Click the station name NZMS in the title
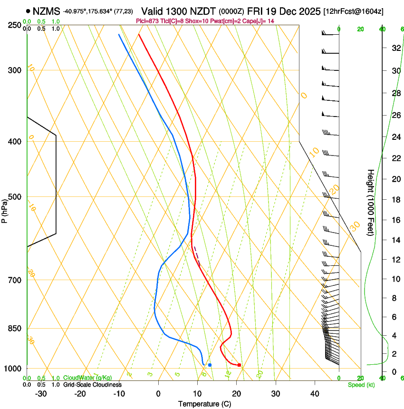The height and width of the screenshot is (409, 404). tap(46, 10)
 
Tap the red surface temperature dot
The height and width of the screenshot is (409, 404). tap(239, 365)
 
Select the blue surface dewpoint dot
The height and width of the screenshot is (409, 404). tap(210, 365)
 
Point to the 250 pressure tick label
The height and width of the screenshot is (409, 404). tap(14, 25)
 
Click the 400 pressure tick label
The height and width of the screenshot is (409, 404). tap(14, 142)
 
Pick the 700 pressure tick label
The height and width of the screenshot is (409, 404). tap(14, 280)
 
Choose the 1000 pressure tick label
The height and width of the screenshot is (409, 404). tap(13, 369)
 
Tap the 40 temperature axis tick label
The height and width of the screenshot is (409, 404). tap(315, 394)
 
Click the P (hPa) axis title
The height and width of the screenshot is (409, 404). tap(4, 210)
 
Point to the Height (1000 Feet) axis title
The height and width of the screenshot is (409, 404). tap(371, 203)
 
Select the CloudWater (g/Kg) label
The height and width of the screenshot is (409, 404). tap(87, 378)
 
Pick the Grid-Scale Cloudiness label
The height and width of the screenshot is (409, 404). tap(92, 384)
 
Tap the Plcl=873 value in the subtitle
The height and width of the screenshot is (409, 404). tap(147, 21)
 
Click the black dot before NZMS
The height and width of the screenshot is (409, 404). tap(29, 11)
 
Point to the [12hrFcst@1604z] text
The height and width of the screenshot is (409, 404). tap(354, 11)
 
